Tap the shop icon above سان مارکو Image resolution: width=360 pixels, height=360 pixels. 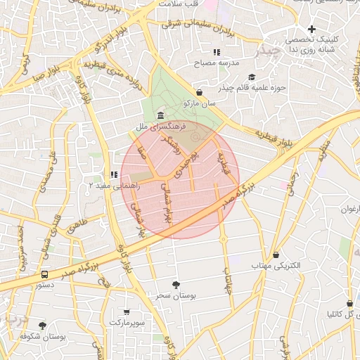coord(200,92)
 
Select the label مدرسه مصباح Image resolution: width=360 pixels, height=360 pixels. coord(220,63)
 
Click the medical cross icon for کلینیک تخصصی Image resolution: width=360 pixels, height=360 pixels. coord(311,29)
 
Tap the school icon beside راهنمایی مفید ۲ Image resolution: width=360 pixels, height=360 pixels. coord(113,174)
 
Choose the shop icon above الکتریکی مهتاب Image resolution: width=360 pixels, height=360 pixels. coord(276,255)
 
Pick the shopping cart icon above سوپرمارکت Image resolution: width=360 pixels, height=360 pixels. coord(127,311)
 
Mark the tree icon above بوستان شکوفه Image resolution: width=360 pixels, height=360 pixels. coord(43,326)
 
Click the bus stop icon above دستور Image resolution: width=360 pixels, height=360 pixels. coord(45,274)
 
